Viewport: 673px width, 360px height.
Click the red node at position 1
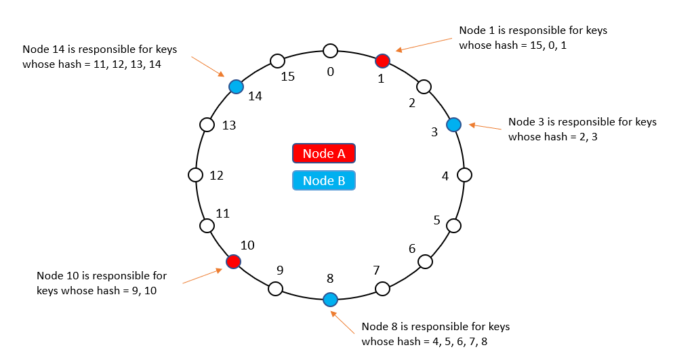383,61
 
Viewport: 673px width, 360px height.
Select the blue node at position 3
453,125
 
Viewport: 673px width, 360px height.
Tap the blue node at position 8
330,299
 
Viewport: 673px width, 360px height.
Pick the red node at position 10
233,261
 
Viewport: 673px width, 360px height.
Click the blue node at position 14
236,87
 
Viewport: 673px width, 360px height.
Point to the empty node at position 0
330,50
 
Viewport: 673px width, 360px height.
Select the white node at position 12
196,175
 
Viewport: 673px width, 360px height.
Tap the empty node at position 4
464,175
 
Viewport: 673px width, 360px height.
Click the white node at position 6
425,261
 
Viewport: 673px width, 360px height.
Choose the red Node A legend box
324,154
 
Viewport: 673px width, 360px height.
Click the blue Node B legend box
324,180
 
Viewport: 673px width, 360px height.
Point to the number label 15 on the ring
288,77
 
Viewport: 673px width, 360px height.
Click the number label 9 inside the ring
280,270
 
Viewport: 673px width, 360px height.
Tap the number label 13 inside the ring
229,125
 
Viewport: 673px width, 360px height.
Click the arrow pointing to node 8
344,322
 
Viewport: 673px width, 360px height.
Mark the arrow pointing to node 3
486,128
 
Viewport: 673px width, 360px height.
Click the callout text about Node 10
102,283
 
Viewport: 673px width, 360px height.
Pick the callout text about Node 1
533,38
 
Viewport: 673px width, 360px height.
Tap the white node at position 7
383,289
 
